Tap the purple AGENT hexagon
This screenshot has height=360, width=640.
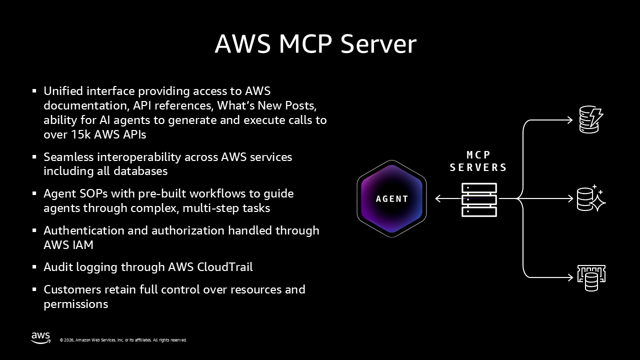391,198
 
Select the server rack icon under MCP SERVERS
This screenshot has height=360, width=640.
479,199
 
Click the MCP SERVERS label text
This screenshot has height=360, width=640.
478,161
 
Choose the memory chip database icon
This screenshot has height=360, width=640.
591,277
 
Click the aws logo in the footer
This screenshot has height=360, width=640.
40,338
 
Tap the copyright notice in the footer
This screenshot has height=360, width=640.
123,340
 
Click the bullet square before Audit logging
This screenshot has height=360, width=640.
34,267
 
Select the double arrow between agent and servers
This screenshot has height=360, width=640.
447,198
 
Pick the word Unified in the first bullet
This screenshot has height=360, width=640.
63,91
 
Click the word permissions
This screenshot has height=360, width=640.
75,304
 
